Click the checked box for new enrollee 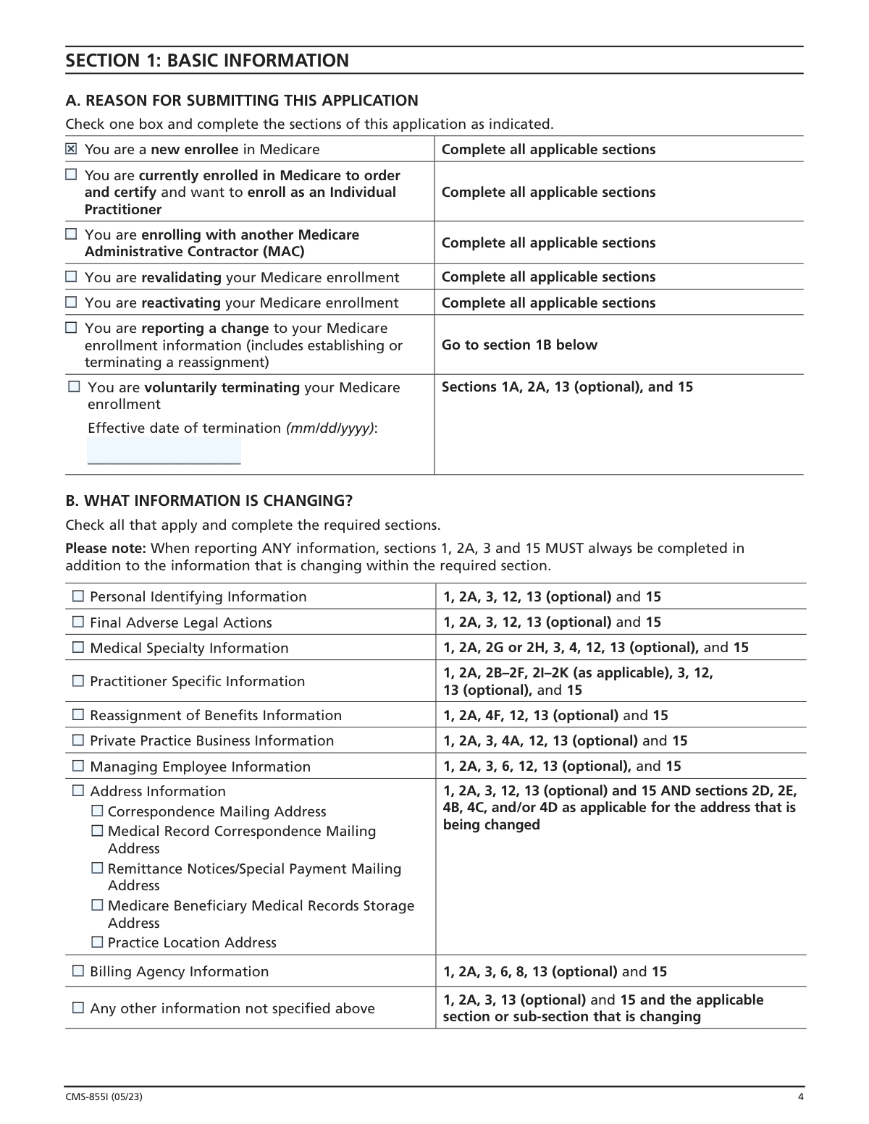pos(71,149)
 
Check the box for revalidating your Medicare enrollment pos(71,276)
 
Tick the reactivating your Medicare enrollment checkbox pos(71,302)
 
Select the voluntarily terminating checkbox pos(74,386)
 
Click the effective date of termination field pos(164,450)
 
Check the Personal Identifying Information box pos(78,596)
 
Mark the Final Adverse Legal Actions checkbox pos(78,622)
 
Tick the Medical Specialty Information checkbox pos(78,647)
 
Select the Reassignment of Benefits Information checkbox pos(78,715)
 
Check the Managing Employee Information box pos(78,766)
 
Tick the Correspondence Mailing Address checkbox pos(97,811)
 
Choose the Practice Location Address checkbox pos(97,942)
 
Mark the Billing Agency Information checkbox pos(78,971)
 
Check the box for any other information pos(78,1007)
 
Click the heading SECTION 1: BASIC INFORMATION pos(207,60)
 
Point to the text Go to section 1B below pos(519,345)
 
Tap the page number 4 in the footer pos(800,1096)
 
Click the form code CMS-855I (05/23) pos(104,1096)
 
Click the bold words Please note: pos(105,548)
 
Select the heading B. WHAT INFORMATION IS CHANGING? pos(209,501)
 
